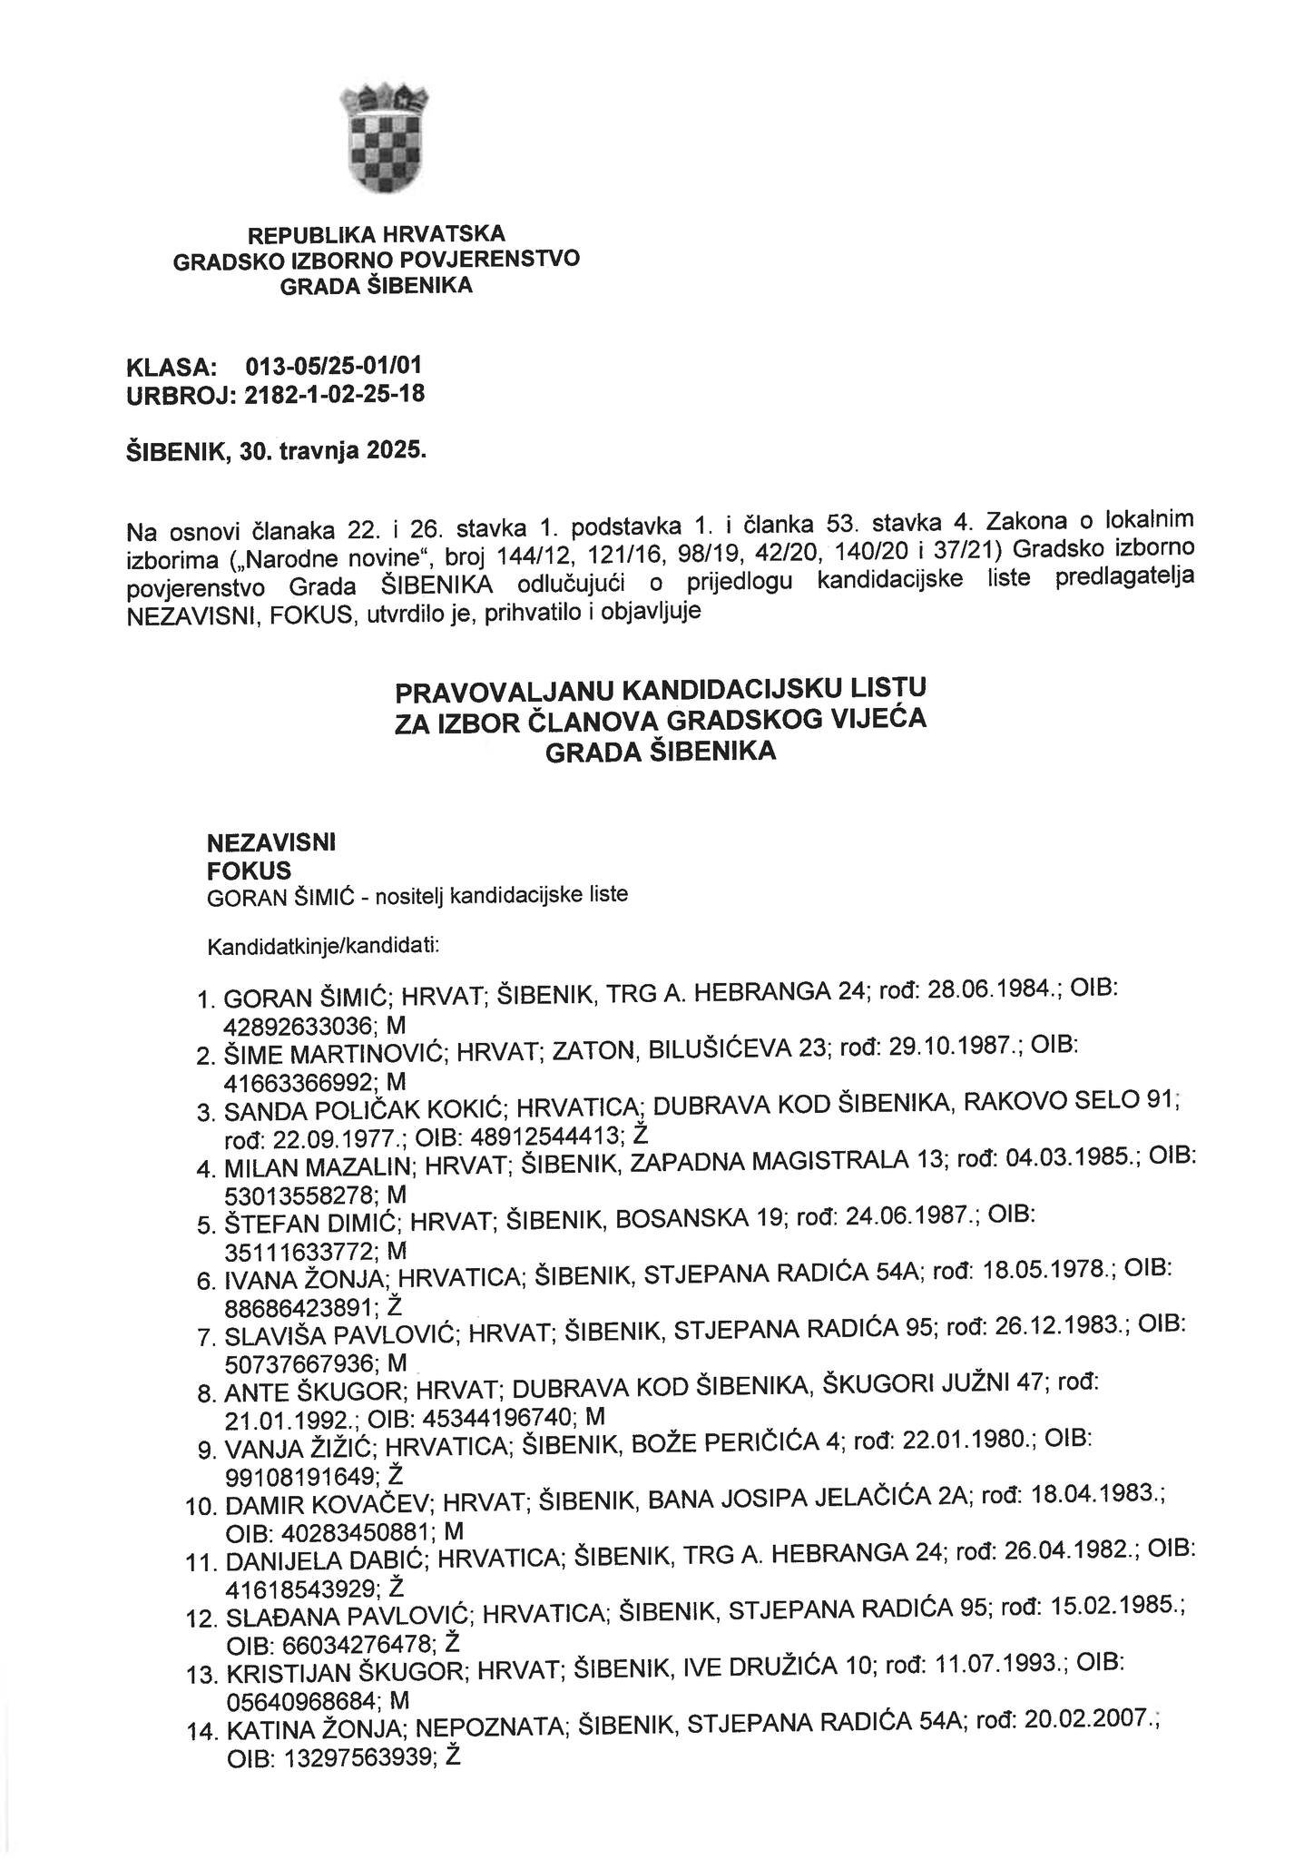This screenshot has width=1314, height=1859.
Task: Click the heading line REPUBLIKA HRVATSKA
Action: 377,234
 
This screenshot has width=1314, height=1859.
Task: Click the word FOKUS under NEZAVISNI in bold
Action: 250,870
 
